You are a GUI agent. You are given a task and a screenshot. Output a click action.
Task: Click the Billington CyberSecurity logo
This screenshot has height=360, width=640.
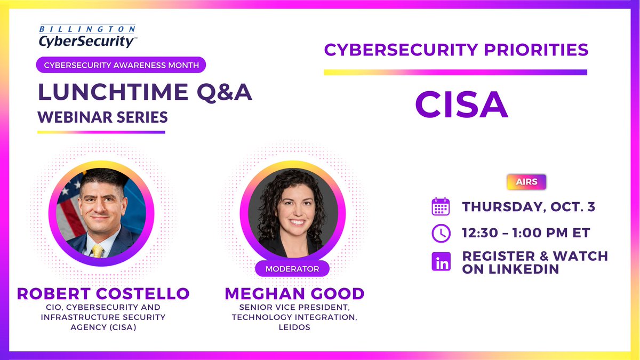point(86,35)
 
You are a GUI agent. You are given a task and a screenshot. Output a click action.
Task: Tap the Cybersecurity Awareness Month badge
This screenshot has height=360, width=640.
point(121,65)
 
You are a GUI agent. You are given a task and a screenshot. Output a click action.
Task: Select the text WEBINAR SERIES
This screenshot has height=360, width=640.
point(102,116)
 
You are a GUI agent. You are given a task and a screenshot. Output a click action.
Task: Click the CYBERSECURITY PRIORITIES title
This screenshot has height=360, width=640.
point(456,50)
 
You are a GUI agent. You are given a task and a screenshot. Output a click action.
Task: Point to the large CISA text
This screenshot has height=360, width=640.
point(461,106)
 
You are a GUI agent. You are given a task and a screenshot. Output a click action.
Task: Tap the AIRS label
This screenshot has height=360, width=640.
point(526,182)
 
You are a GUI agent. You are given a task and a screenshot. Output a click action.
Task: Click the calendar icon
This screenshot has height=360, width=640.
point(441,207)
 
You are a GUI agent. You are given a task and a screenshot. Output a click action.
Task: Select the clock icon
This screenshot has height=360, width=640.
point(441,233)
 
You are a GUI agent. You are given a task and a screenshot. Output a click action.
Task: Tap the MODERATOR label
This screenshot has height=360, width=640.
point(292,269)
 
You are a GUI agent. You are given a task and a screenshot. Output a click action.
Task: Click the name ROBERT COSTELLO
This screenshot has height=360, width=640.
point(103,293)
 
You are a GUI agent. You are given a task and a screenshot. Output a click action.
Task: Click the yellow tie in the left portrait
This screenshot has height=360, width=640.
point(98,250)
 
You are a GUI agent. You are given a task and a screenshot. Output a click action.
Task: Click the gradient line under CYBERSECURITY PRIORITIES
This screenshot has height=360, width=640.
point(455,73)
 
